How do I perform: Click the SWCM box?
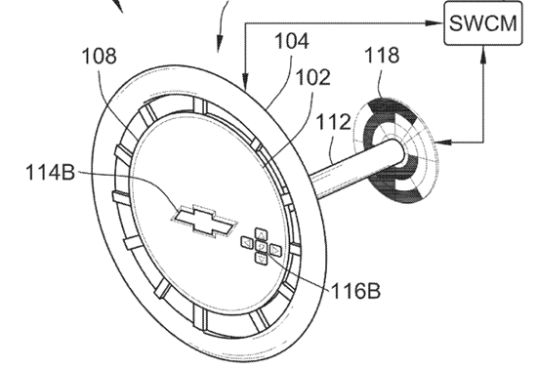click(x=483, y=22)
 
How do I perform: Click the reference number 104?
click(x=292, y=41)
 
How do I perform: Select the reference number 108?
click(x=100, y=57)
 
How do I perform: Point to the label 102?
click(x=312, y=77)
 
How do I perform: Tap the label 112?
click(x=333, y=121)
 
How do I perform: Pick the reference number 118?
click(x=382, y=55)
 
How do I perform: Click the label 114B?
click(x=51, y=172)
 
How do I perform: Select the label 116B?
click(x=355, y=291)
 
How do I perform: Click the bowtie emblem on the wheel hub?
click(x=204, y=221)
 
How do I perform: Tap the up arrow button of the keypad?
click(x=261, y=234)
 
